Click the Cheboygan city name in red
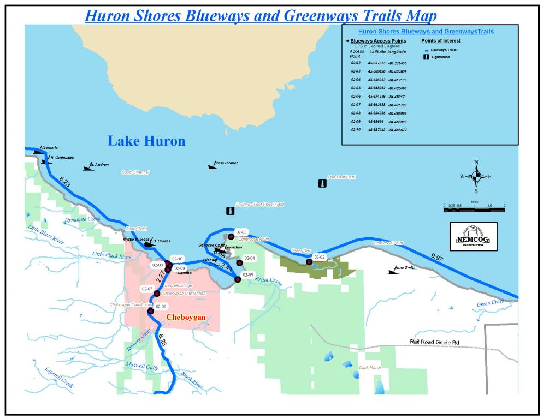click(x=186, y=317)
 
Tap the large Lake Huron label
click(x=146, y=141)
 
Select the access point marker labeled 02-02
click(x=309, y=262)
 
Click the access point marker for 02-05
click(x=238, y=279)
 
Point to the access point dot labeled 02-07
click(x=157, y=294)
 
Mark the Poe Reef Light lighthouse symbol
click(x=322, y=184)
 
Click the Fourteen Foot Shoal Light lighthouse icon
click(x=230, y=211)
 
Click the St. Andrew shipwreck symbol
click(x=88, y=167)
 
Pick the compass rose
click(x=476, y=176)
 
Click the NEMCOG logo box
click(x=473, y=236)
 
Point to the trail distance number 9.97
click(x=438, y=257)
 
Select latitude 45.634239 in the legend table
click(x=376, y=97)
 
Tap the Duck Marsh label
click(x=370, y=368)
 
